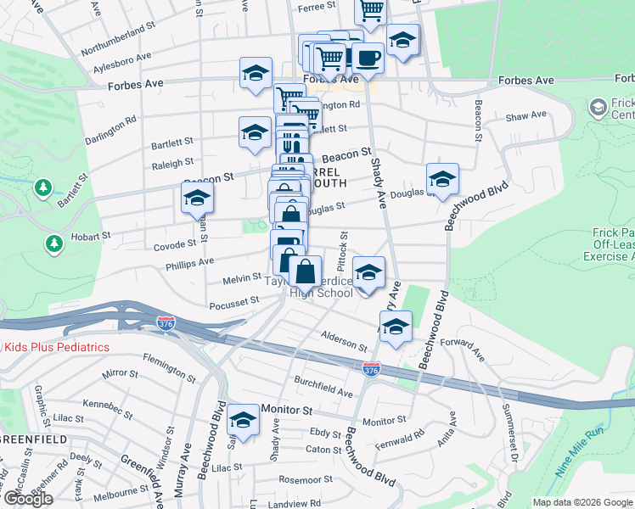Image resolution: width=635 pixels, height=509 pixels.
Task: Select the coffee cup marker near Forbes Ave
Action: [368, 58]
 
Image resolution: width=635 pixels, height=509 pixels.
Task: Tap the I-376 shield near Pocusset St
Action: [166, 323]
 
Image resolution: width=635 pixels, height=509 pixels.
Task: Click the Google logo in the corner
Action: [27, 498]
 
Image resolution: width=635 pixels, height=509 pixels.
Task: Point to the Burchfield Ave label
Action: [323, 386]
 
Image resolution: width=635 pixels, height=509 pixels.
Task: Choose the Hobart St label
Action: [92, 236]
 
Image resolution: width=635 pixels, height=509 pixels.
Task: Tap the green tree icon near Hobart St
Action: [54, 245]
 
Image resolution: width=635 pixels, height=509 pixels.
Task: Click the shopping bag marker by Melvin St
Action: [306, 271]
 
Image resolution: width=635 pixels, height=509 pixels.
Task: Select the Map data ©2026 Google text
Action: [582, 502]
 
